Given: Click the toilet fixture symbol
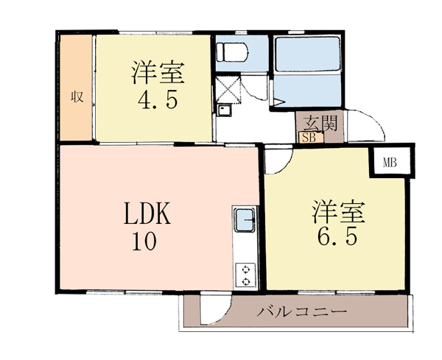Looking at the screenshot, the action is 232,52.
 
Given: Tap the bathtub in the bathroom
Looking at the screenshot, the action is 307,54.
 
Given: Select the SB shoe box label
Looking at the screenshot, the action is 310,138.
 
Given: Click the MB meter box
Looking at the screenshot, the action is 390,163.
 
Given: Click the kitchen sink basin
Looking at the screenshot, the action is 245,221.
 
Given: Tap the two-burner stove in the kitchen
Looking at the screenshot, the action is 246,275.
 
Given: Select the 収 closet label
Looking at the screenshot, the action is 77,97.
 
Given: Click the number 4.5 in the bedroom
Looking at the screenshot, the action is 158,101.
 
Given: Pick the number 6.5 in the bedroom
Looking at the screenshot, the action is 337,236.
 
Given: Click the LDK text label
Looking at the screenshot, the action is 147,213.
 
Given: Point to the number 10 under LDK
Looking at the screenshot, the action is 144,241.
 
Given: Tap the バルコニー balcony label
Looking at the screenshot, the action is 301,312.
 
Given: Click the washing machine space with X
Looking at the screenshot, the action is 228,89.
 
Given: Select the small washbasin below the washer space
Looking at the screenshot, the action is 224,110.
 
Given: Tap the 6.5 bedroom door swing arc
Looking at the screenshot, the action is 284,166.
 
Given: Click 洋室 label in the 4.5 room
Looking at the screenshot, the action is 158,73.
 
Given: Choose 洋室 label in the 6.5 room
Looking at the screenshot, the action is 338,212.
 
